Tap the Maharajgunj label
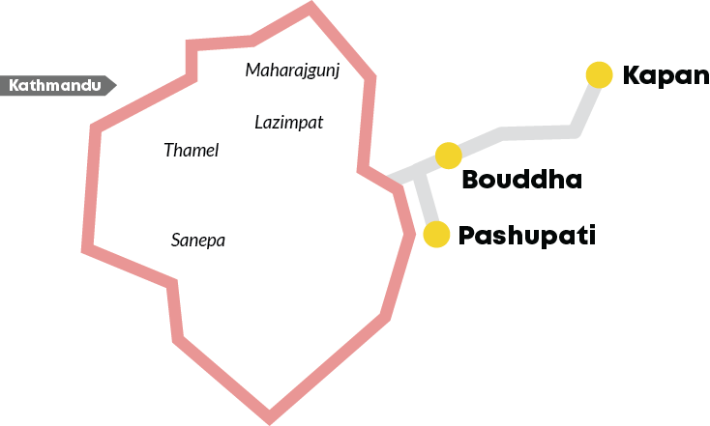click(x=292, y=71)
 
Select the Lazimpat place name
click(x=289, y=123)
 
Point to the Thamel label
click(x=192, y=150)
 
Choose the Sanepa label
click(x=198, y=241)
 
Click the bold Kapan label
click(x=666, y=76)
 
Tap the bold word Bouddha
click(x=522, y=180)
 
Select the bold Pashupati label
click(x=526, y=236)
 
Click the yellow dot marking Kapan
click(x=599, y=74)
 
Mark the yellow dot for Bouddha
click(x=448, y=156)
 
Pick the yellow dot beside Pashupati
click(x=436, y=235)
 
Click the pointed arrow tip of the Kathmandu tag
click(x=116, y=85)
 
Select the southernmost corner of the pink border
click(x=270, y=420)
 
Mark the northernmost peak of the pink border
click(x=311, y=4)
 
